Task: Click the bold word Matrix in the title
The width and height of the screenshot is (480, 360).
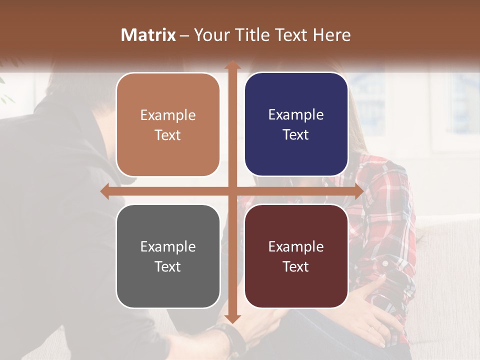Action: (x=148, y=35)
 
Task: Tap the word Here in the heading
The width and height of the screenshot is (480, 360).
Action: (x=331, y=35)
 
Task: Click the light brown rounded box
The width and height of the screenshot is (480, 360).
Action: (x=168, y=124)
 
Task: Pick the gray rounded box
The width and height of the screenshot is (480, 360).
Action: (x=168, y=256)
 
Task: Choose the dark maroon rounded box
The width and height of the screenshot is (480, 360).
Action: (x=296, y=256)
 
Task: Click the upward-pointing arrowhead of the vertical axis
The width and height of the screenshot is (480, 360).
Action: (x=232, y=65)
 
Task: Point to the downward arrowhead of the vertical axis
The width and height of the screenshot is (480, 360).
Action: (x=232, y=318)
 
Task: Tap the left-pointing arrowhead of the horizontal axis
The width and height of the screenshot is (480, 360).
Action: (x=104, y=191)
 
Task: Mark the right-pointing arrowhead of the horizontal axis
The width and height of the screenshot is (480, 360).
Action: (x=358, y=191)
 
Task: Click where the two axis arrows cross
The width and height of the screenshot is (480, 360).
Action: (x=232, y=191)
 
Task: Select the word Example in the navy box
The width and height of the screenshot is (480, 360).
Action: (x=296, y=114)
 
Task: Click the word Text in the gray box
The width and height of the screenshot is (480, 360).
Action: (x=167, y=266)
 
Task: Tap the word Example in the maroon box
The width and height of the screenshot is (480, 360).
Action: (x=296, y=246)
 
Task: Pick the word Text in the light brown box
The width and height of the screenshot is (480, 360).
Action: (x=167, y=135)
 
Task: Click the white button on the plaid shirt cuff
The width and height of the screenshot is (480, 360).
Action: (x=385, y=262)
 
